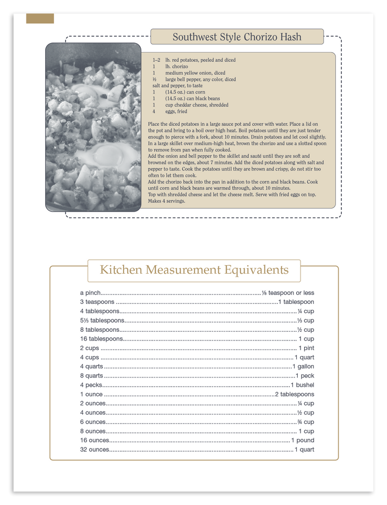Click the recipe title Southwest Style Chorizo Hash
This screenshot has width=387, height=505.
[x=237, y=37]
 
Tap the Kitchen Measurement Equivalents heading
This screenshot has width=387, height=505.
[x=194, y=270]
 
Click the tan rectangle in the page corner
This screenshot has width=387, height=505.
[x=40, y=19]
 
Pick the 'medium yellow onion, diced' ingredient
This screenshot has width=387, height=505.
[x=195, y=73]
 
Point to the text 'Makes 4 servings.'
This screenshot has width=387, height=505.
[x=167, y=201]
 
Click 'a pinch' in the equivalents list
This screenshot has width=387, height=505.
[x=90, y=293]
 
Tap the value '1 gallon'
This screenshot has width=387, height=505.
[x=303, y=367]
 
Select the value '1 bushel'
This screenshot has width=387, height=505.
[x=303, y=385]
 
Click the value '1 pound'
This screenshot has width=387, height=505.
[x=303, y=440]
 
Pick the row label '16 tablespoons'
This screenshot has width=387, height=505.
[x=102, y=339]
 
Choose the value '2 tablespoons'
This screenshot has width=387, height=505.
[x=295, y=395]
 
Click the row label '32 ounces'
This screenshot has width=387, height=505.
[x=95, y=450]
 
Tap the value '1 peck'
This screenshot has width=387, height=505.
[x=305, y=376]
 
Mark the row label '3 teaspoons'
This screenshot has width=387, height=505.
[x=97, y=302]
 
